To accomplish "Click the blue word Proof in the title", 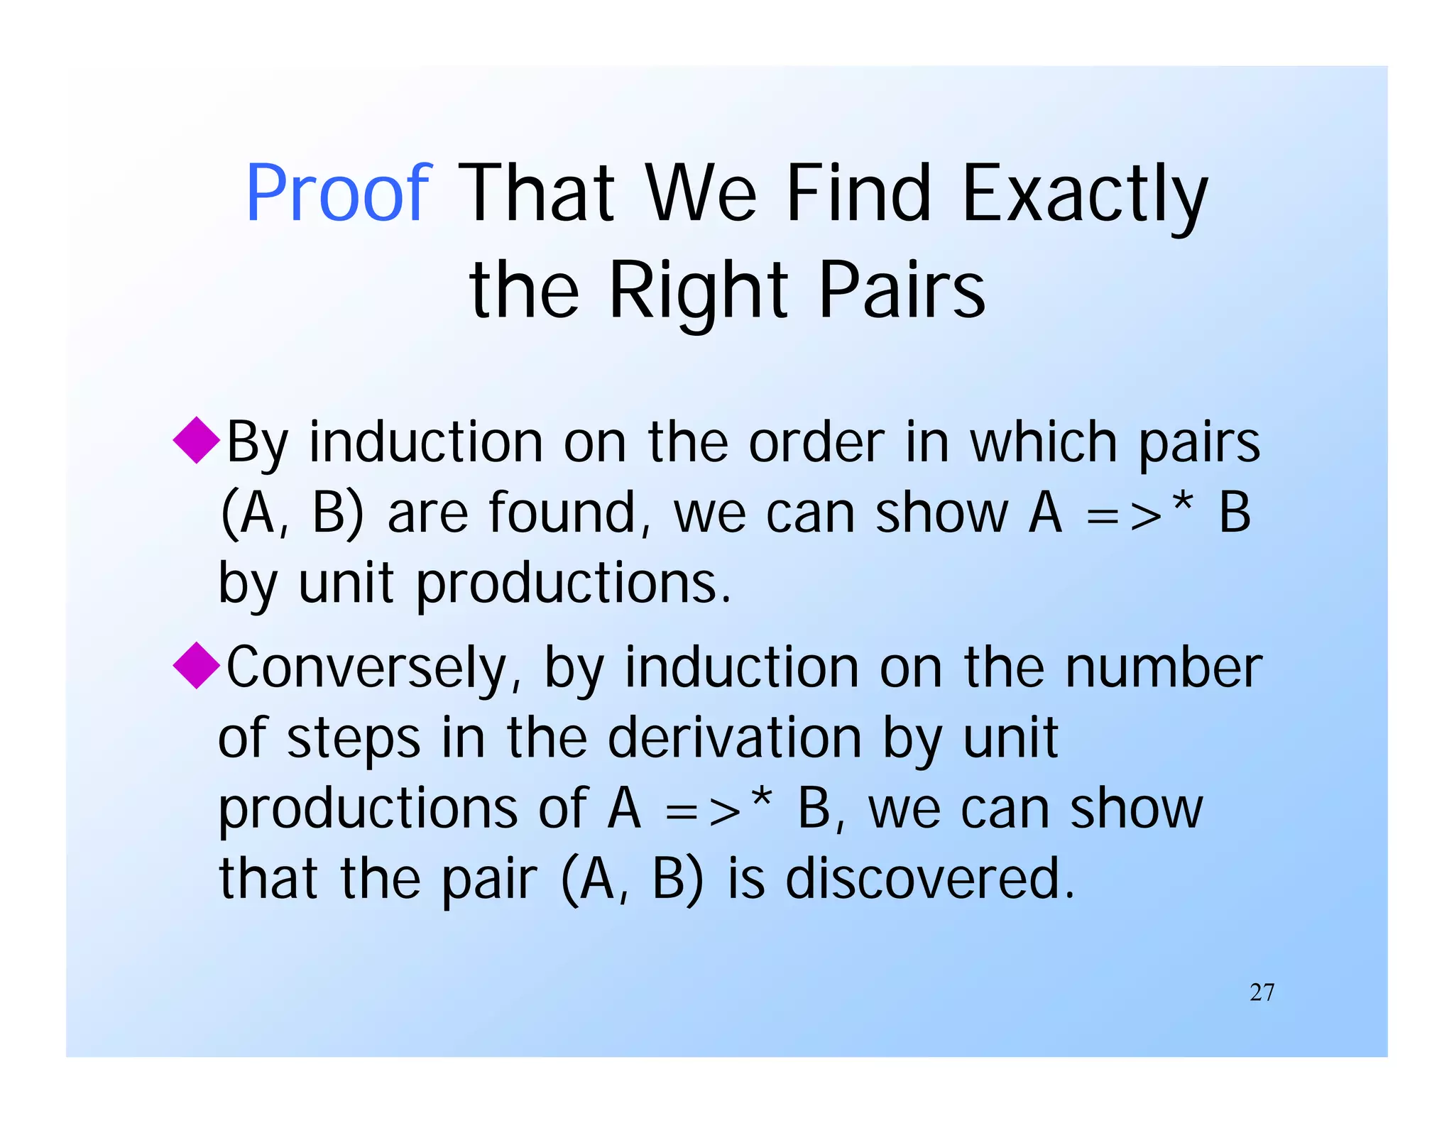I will coord(338,192).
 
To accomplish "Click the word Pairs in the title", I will coord(902,290).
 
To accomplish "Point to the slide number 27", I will coord(1262,992).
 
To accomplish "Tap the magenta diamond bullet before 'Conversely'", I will coord(196,665).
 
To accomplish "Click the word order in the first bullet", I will coord(817,443).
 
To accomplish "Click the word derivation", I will coord(735,738).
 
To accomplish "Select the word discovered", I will coord(930,878).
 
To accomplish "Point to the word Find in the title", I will coord(858,192).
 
